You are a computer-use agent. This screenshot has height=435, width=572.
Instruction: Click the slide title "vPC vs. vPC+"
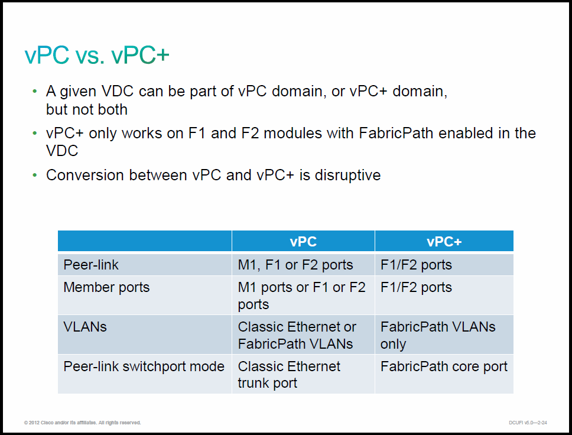click(97, 55)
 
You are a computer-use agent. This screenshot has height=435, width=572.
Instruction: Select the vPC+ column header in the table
click(444, 242)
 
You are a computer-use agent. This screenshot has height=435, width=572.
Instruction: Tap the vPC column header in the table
click(303, 242)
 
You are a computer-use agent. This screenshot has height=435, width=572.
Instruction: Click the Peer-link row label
click(91, 265)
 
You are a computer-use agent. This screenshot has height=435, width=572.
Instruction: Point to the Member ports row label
click(106, 288)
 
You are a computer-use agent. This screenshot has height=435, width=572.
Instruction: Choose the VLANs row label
click(85, 327)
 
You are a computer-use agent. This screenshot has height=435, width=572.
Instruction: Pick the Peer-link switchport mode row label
click(144, 366)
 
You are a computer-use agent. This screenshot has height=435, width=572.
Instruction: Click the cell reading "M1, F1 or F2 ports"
click(295, 265)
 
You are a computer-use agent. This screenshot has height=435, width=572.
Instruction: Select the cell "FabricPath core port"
click(444, 366)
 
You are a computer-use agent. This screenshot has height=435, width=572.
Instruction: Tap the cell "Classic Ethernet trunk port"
click(289, 375)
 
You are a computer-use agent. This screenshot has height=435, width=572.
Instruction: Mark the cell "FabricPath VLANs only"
click(438, 335)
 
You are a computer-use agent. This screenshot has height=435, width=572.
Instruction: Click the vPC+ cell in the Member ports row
click(416, 288)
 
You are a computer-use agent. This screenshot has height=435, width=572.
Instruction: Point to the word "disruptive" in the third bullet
click(347, 176)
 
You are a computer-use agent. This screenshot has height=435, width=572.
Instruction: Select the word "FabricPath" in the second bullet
click(396, 133)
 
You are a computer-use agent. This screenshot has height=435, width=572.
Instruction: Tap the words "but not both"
click(87, 109)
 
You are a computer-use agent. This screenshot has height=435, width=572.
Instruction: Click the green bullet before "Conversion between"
click(35, 175)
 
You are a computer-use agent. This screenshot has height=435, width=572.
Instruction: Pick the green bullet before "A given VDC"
click(35, 91)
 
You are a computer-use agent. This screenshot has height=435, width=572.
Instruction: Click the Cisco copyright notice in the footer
click(83, 423)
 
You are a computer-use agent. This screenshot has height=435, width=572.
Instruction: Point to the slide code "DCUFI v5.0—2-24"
click(528, 423)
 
